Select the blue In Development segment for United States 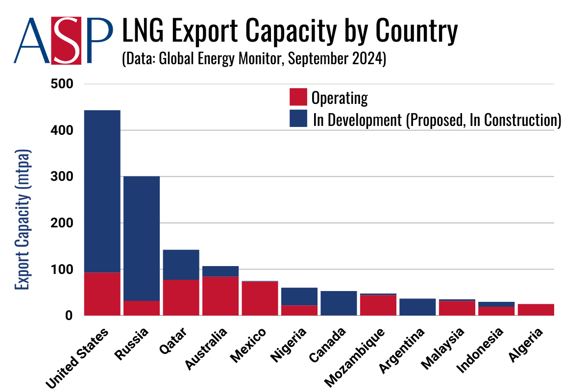click(102, 191)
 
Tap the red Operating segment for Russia click(142, 308)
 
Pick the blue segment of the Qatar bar click(181, 265)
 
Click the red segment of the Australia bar click(220, 296)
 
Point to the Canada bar click(339, 303)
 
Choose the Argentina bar click(417, 307)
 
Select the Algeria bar click(536, 310)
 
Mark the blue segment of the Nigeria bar click(299, 296)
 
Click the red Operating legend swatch click(298, 97)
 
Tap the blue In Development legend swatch click(298, 119)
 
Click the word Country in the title click(417, 32)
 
